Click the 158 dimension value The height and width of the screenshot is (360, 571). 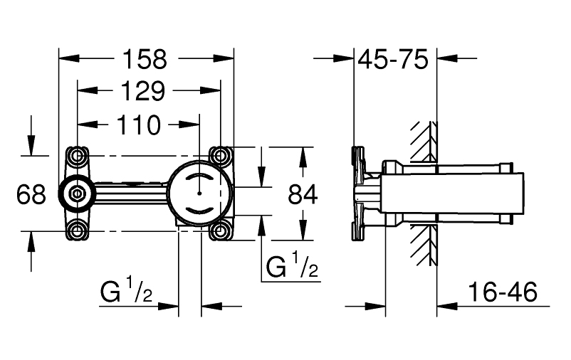(x=145, y=59)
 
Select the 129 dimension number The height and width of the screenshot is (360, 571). (x=142, y=91)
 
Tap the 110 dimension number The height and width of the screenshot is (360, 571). (x=138, y=125)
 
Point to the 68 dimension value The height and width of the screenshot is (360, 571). (x=31, y=194)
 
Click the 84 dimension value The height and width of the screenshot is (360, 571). (x=303, y=194)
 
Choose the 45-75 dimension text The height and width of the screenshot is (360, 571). (x=393, y=59)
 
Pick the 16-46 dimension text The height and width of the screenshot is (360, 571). (x=503, y=292)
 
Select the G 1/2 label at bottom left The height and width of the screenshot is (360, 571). (x=126, y=290)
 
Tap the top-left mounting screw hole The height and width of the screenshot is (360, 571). (x=77, y=156)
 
